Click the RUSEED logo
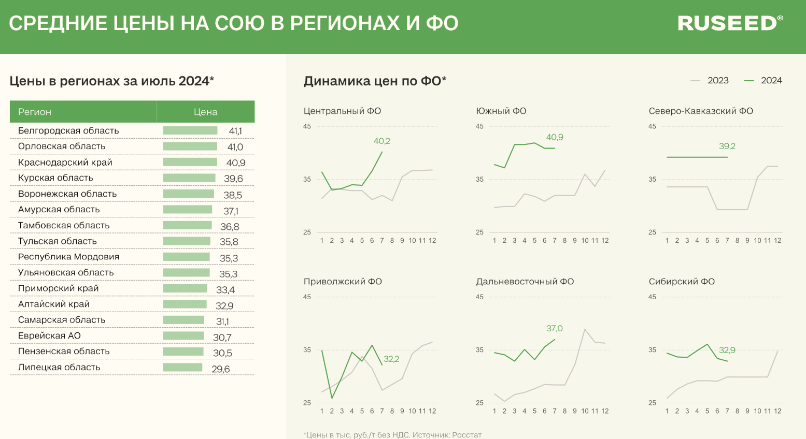pos(730,23)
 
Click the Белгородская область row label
pos(68,130)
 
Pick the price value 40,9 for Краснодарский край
pos(236,163)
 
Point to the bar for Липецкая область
pos(182,368)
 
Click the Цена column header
pos(205,112)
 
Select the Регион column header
pos(35,112)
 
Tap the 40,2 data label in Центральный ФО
pos(381,141)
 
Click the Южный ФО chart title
pos(501,111)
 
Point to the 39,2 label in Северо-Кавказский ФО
pos(727,146)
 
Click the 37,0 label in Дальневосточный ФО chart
pos(554,328)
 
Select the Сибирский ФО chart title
pos(681,282)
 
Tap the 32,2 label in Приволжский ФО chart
pos(391,359)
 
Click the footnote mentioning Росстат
pos(392,435)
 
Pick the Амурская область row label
pos(59,210)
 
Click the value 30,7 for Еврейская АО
pos(222,338)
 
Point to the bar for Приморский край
pos(185,288)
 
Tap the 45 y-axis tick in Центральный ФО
pos(307,126)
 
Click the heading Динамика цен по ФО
pos(374,81)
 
